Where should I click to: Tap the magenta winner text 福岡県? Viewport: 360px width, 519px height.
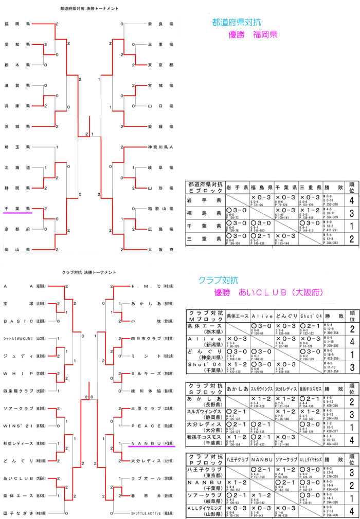click(265, 34)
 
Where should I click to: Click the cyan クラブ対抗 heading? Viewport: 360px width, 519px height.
click(218, 280)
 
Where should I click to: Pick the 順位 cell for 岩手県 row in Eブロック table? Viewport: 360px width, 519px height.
click(351, 200)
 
